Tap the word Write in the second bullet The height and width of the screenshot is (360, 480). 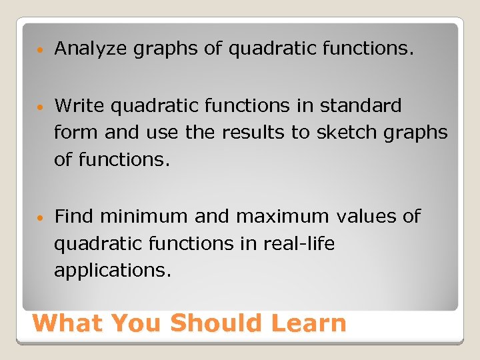pyautogui.click(x=79, y=105)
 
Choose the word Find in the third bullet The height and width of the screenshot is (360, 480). pyautogui.click(x=74, y=216)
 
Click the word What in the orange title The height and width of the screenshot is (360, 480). pyautogui.click(x=67, y=323)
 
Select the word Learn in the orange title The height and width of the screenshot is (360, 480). pyautogui.click(x=309, y=323)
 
